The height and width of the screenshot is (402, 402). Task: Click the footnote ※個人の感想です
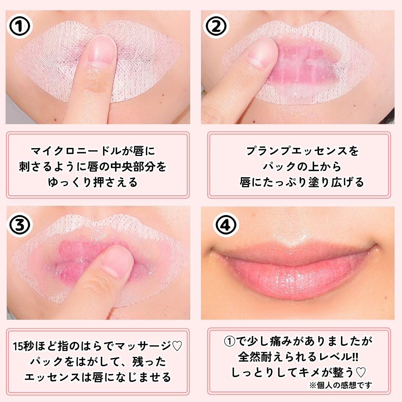tap(341, 385)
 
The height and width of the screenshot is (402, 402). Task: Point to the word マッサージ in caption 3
tap(146, 346)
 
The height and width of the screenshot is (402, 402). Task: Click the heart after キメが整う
tap(360, 372)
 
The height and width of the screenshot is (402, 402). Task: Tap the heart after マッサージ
tap(177, 346)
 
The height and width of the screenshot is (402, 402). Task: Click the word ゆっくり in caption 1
tap(67, 183)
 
